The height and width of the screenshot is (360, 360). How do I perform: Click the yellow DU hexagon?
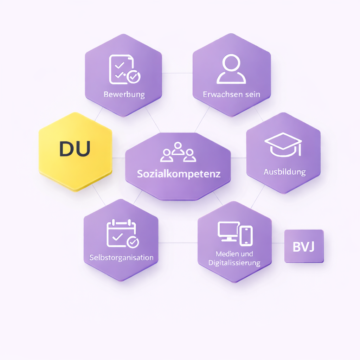pyautogui.click(x=75, y=152)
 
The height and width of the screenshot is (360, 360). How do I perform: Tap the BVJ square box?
pyautogui.click(x=304, y=246)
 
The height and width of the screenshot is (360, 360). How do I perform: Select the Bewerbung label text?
pyautogui.click(x=124, y=95)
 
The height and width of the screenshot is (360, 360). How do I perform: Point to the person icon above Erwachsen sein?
pyautogui.click(x=231, y=69)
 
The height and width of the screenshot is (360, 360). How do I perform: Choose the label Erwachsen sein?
pyautogui.click(x=231, y=94)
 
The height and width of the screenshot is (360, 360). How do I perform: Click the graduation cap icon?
pyautogui.click(x=283, y=144)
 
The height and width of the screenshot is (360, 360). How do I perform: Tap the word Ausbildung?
pyautogui.click(x=285, y=172)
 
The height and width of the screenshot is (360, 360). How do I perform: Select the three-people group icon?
pyautogui.click(x=178, y=152)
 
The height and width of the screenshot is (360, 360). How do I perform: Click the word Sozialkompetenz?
pyautogui.click(x=179, y=174)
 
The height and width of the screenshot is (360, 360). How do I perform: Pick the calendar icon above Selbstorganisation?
pyautogui.click(x=123, y=233)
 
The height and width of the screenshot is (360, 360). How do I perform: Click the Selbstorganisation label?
pyautogui.click(x=121, y=258)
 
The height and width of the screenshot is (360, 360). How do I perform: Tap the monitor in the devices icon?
pyautogui.click(x=229, y=231)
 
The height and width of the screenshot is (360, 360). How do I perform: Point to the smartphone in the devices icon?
pyautogui.click(x=246, y=236)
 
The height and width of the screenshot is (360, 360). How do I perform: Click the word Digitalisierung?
pyautogui.click(x=234, y=263)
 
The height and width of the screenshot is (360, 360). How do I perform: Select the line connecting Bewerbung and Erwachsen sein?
pyautogui.click(x=177, y=73)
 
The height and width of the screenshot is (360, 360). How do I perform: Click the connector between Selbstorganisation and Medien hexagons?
pyautogui.click(x=178, y=243)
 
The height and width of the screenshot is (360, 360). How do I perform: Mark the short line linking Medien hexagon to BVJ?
pyautogui.click(x=278, y=243)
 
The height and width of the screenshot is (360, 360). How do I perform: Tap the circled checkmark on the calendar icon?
pyautogui.click(x=133, y=242)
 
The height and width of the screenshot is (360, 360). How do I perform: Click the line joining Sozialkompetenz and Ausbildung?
pyautogui.click(x=239, y=158)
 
